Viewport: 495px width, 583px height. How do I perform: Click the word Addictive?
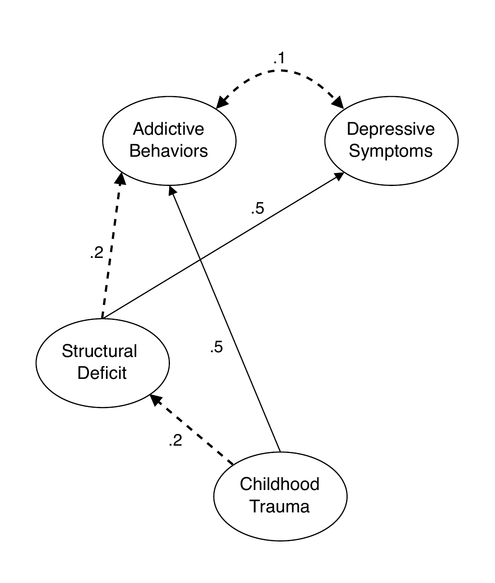pos(168,129)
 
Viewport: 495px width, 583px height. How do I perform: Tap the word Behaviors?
pos(168,151)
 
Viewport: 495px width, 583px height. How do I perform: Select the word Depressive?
pos(390,129)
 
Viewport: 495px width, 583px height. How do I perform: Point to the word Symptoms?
pos(390,151)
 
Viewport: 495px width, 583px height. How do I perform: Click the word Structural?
pos(99,351)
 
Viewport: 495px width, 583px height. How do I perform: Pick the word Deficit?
pos(102,373)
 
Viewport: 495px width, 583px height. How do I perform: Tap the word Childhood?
pos(279,484)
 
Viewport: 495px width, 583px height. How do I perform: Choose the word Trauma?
pos(279,506)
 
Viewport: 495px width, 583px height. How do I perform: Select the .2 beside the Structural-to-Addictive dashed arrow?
pos(97,253)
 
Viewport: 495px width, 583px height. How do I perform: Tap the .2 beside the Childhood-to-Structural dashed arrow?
pos(175,440)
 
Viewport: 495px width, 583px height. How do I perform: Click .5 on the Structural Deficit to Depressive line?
pos(257,209)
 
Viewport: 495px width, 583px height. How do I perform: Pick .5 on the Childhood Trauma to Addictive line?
pos(216,347)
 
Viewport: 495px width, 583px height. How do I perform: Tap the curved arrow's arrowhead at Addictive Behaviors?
pos(221,103)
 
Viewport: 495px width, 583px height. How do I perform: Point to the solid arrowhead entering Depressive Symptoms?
pos(339,177)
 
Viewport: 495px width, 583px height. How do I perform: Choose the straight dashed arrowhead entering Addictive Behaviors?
pos(121,179)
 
